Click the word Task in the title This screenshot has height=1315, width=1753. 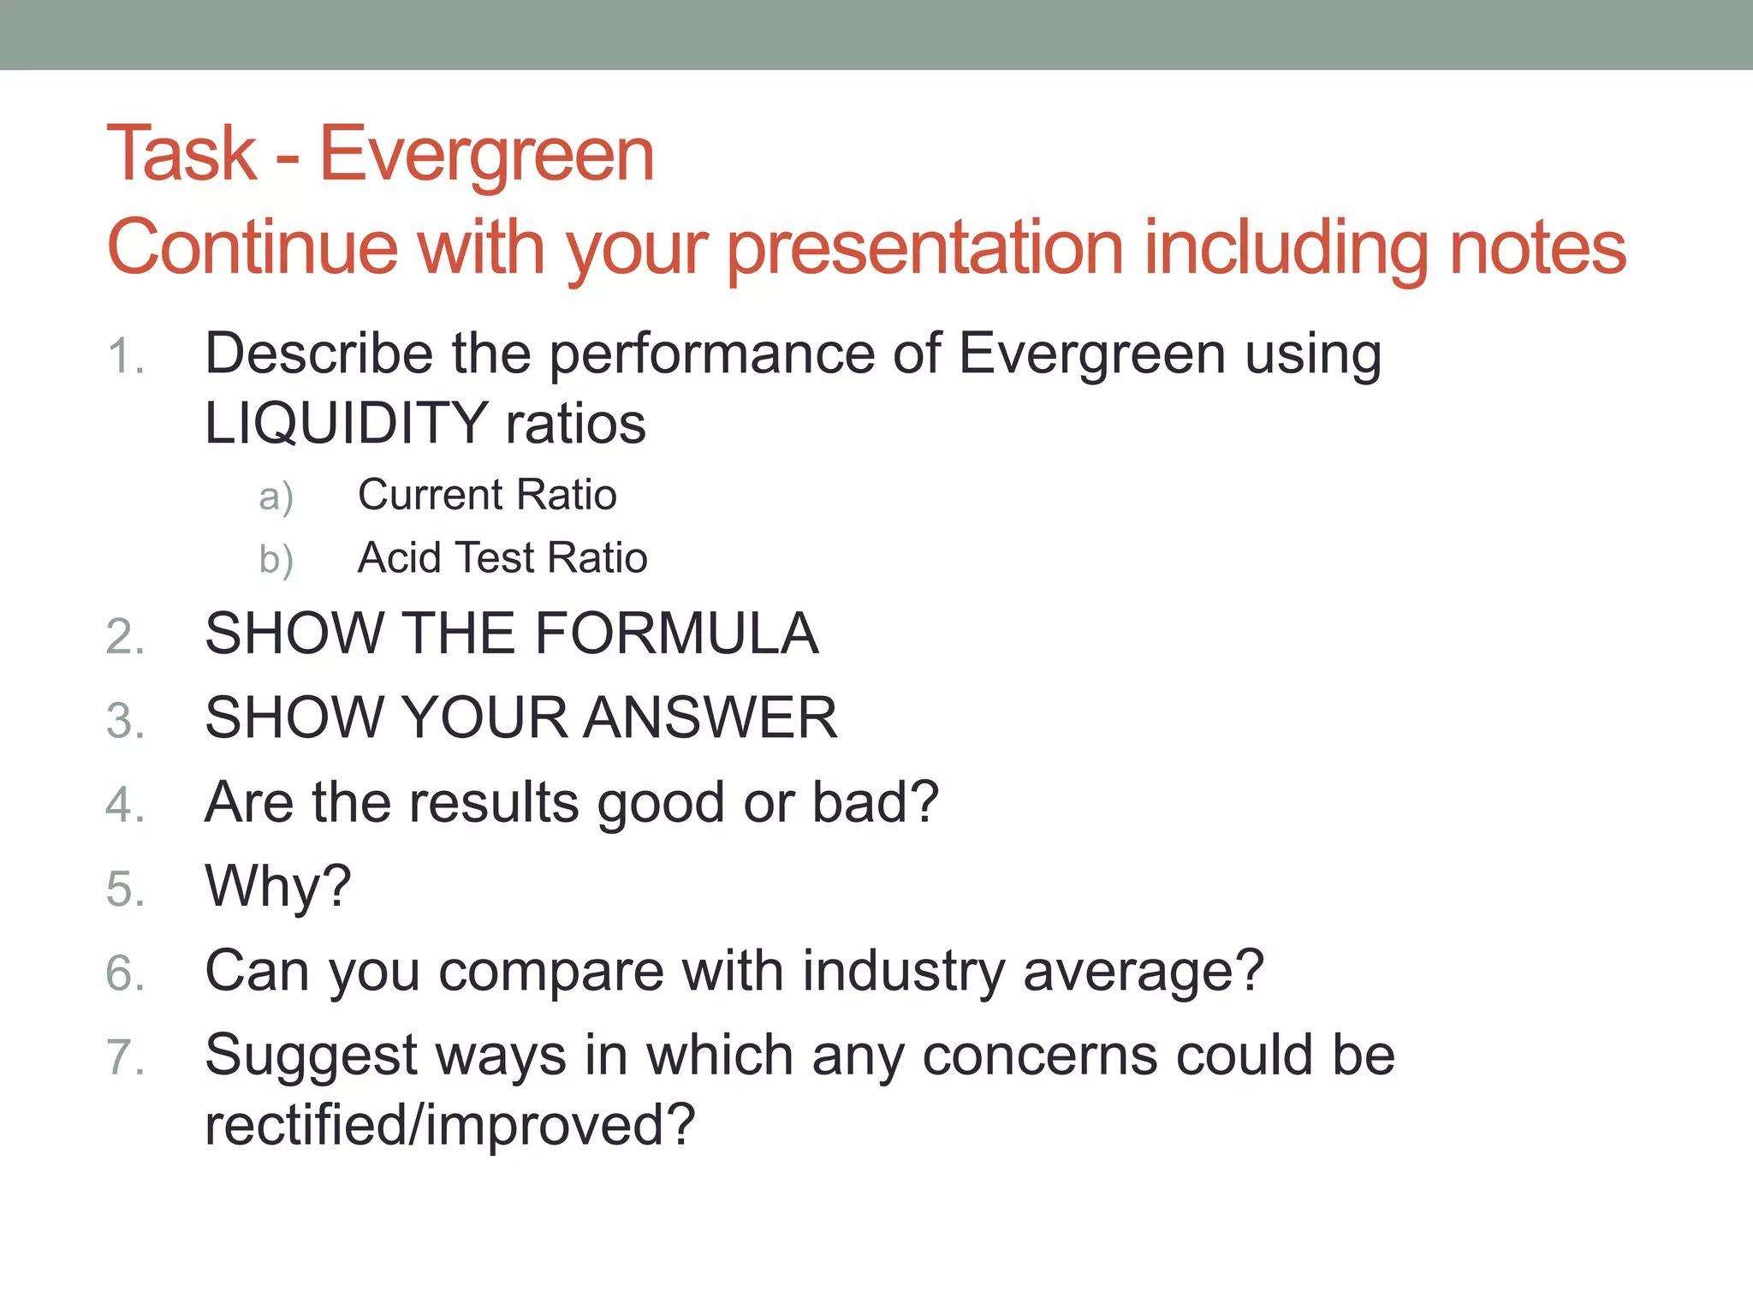181,154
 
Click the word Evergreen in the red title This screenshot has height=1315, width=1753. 486,156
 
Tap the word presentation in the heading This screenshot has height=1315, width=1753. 924,248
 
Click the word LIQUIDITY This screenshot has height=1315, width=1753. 346,424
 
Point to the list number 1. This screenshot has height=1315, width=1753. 125,357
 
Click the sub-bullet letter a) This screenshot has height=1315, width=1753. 276,497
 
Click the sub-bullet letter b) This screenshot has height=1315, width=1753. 276,560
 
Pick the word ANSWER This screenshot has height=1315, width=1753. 710,718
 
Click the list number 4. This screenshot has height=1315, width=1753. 125,806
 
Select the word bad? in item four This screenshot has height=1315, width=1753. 875,802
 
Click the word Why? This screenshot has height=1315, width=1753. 278,887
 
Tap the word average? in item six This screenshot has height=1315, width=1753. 1144,972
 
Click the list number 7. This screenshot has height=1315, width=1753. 125,1057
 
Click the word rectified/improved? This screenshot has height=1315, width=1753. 450,1125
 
